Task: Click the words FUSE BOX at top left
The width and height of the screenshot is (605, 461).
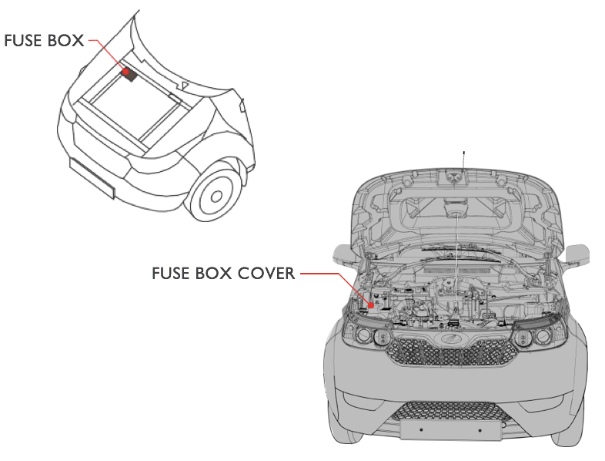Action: coord(44,41)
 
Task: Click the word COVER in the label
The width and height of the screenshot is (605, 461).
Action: coord(266,273)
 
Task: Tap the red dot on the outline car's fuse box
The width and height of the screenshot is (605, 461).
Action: coord(125,72)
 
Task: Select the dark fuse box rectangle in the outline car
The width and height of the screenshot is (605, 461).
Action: coord(131,74)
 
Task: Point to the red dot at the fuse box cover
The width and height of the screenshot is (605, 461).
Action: coord(371,305)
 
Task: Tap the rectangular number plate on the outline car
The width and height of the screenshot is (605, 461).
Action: coord(92,178)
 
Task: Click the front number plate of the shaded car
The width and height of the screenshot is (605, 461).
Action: coord(450,429)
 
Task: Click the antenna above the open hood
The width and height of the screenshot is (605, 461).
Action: coord(463,161)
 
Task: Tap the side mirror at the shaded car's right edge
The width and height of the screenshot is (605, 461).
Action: coord(577,255)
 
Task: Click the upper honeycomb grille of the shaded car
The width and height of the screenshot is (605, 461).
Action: coord(452,352)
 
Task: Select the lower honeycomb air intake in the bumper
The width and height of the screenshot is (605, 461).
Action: coord(450,411)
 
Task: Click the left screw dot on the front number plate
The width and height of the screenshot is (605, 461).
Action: coord(421,429)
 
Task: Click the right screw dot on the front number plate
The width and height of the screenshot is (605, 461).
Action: coord(480,429)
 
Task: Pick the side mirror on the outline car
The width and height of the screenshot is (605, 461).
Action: coord(242,105)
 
